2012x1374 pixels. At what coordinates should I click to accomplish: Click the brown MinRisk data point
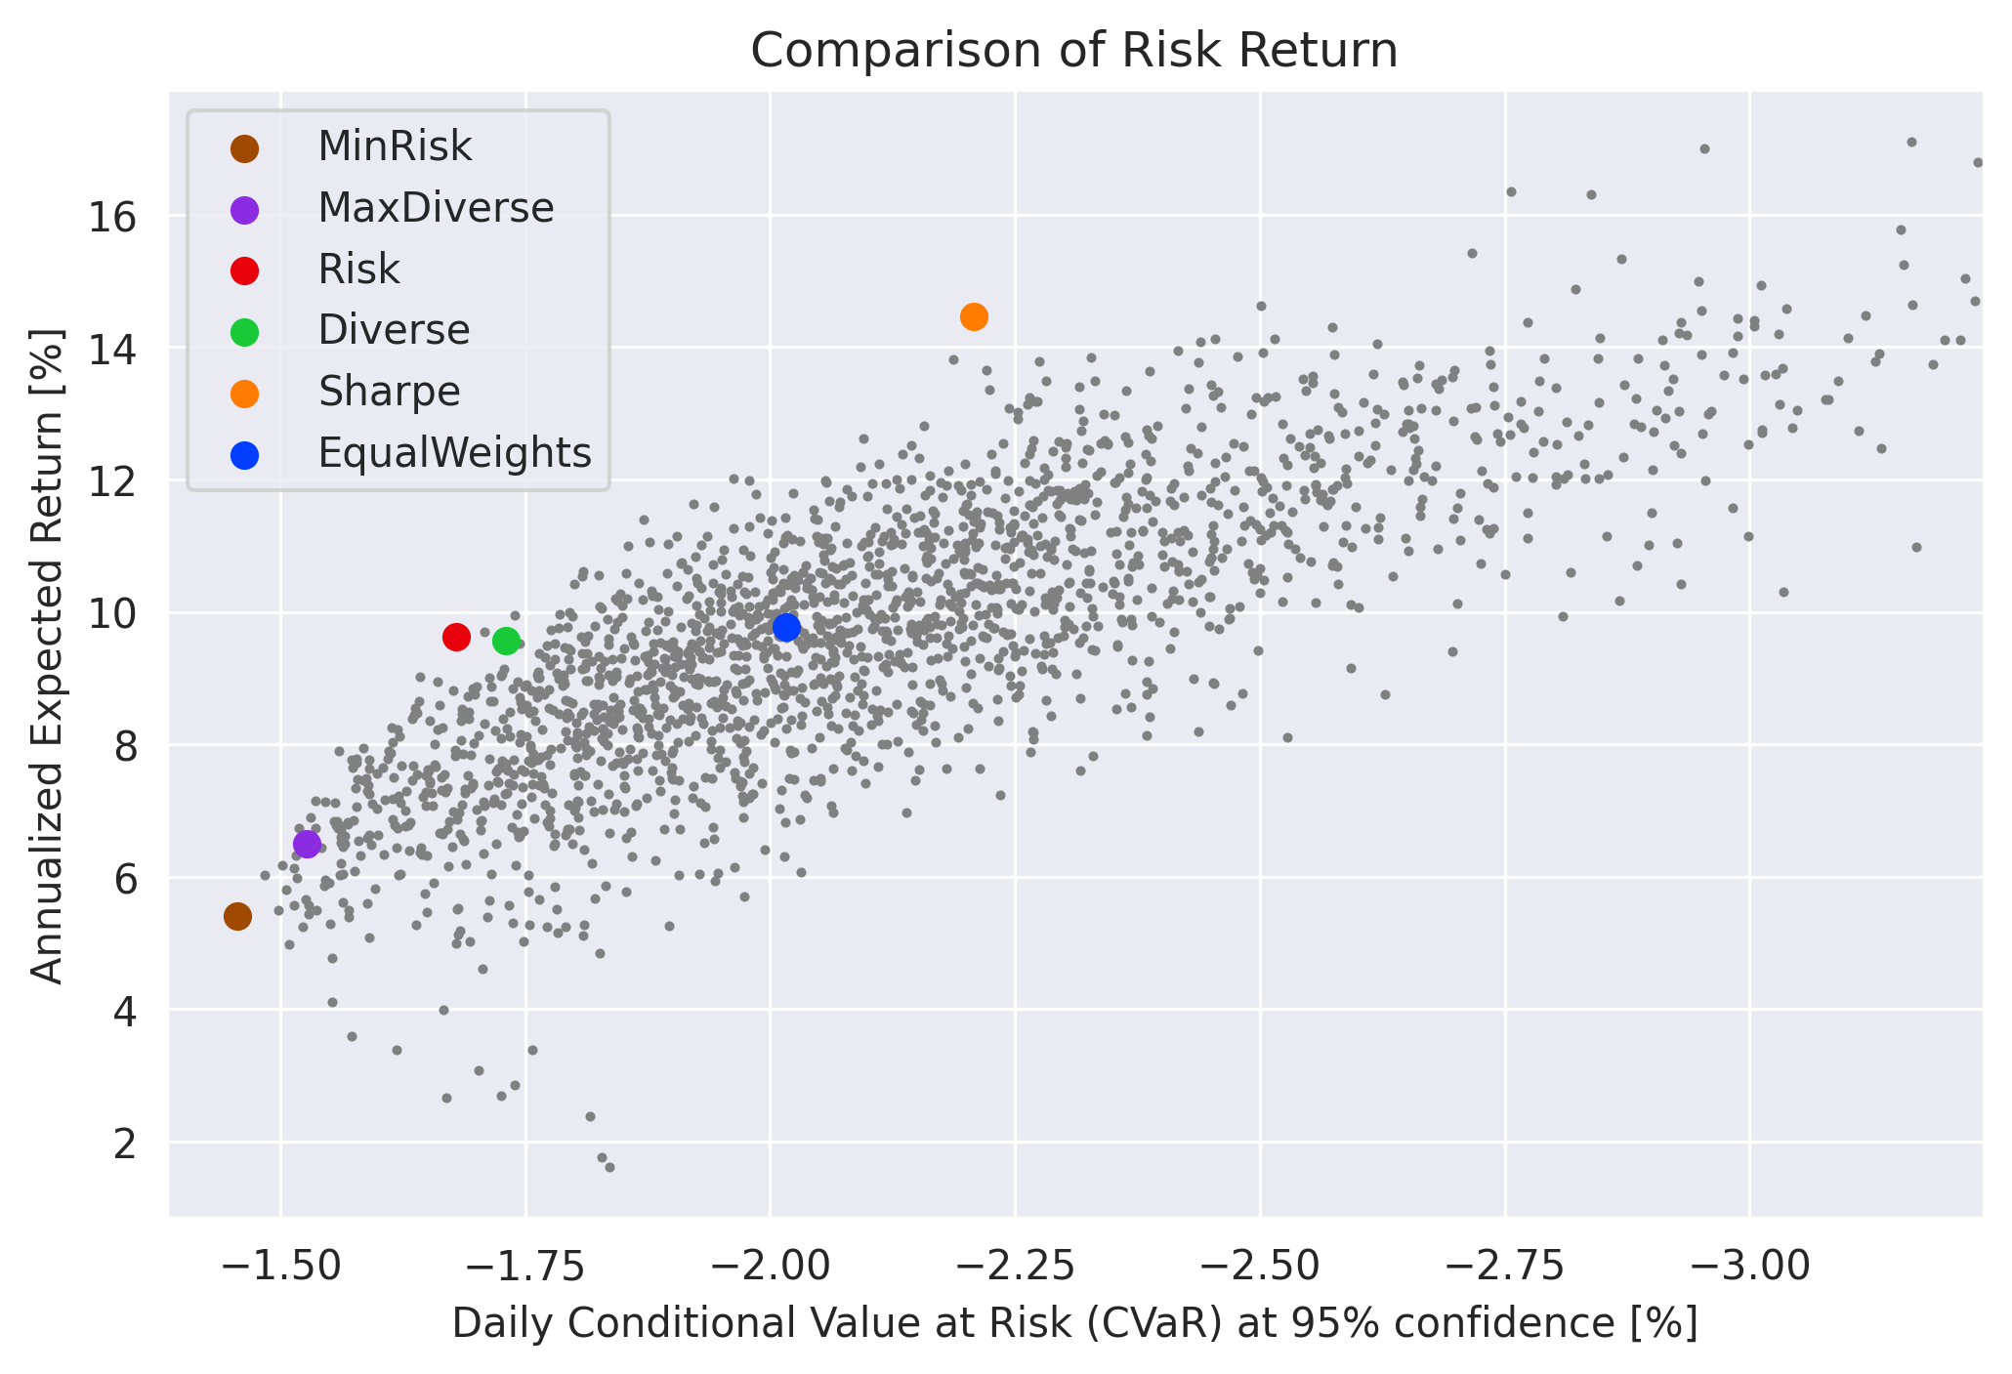coord(237,916)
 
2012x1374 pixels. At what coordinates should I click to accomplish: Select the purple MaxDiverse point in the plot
coord(307,844)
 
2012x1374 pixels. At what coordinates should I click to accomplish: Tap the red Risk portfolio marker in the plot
coord(456,637)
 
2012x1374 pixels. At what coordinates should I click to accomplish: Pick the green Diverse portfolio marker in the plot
coord(506,641)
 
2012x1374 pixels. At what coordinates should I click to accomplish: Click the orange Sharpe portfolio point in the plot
coord(974,316)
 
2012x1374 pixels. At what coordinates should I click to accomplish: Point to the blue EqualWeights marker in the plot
coord(786,628)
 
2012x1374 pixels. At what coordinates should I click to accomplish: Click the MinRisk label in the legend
coord(395,147)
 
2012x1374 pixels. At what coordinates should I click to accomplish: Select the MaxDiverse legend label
coord(436,208)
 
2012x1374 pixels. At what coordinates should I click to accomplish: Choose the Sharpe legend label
coord(389,392)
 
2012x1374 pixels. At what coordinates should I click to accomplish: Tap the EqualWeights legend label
coord(454,453)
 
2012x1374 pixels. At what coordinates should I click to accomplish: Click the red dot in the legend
coord(244,271)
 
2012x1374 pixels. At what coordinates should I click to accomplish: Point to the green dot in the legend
coord(244,332)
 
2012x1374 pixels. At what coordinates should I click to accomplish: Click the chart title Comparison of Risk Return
coord(1074,51)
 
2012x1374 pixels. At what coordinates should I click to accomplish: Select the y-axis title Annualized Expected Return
coord(47,655)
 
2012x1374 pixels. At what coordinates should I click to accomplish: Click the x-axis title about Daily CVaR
coord(1074,1324)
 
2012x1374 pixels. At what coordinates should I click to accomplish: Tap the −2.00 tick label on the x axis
coord(771,1266)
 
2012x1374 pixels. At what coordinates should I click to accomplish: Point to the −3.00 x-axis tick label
coord(1749,1266)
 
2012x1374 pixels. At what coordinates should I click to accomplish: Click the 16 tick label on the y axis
coord(112,217)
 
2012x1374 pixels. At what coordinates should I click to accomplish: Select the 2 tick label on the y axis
coord(125,1144)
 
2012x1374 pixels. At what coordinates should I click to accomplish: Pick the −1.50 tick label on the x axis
coord(280,1266)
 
